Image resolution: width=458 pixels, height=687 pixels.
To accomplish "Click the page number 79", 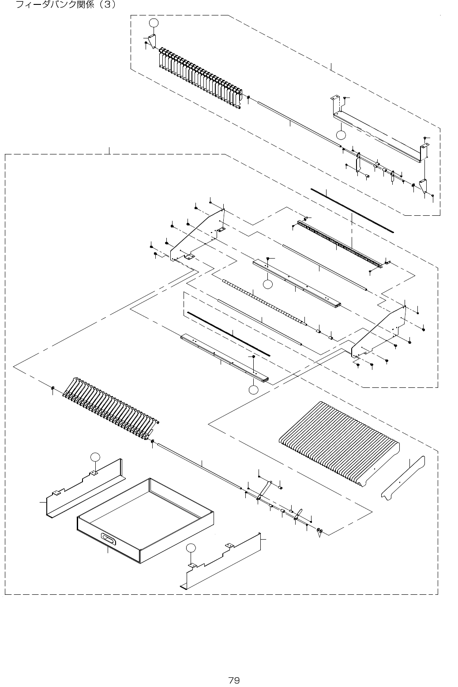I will pos(234,668).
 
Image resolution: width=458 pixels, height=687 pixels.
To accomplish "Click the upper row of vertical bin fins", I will pos(200,77).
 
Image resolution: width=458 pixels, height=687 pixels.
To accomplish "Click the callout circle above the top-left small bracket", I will pos(153,23).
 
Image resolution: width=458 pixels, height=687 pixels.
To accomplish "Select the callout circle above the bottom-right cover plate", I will pos(190,548).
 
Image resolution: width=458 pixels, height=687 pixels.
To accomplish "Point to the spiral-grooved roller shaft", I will pos(263,302).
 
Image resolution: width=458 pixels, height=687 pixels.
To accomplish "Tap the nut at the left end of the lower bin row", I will pos(53,387).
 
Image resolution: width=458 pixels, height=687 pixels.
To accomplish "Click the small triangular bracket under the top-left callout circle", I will pos(152,41).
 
